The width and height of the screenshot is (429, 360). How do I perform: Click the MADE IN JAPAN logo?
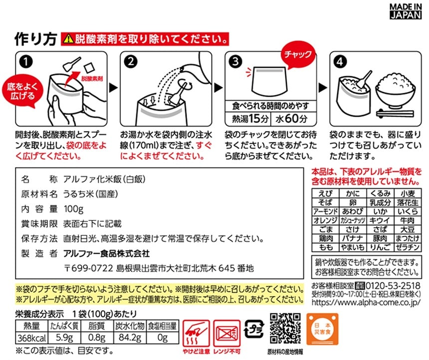pyautogui.click(x=406, y=11)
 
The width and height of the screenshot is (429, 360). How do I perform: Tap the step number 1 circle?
pyautogui.click(x=26, y=62)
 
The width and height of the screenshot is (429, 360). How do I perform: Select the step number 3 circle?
pyautogui.click(x=235, y=61)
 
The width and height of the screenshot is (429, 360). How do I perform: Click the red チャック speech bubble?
pyautogui.click(x=298, y=56)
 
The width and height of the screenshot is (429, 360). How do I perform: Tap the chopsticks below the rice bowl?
pyautogui.click(x=395, y=113)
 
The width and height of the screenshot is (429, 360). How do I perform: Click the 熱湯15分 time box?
pyautogui.click(x=247, y=119)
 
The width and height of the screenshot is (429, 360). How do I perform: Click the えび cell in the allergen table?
pyautogui.click(x=325, y=193)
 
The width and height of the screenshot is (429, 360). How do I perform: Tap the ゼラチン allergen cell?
pyautogui.click(x=408, y=247)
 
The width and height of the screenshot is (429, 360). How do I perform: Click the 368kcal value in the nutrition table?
pyautogui.click(x=32, y=338)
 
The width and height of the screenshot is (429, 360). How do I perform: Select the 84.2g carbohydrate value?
pyautogui.click(x=130, y=338)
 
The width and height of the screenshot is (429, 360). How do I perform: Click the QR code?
pyautogui.click(x=285, y=328)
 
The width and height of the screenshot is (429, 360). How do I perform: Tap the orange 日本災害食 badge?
pyautogui.click(x=322, y=330)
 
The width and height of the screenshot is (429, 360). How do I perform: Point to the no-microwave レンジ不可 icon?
pyautogui.click(x=226, y=334)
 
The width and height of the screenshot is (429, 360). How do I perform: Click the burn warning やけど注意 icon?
pyautogui.click(x=196, y=334)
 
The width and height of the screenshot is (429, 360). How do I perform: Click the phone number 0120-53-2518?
pyautogui.click(x=393, y=286)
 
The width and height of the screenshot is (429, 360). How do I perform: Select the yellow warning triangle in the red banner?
pyautogui.click(x=68, y=39)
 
